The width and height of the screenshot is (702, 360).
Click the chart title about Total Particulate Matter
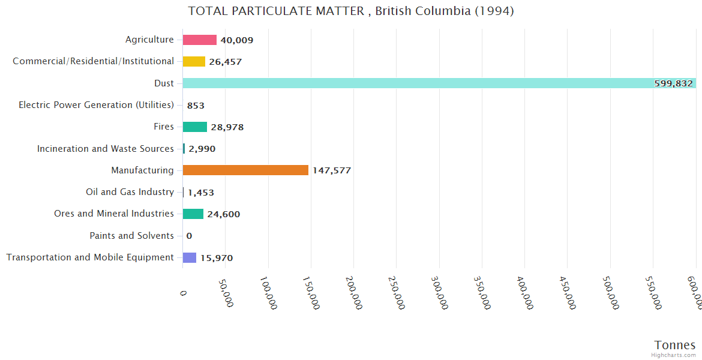click(x=350, y=11)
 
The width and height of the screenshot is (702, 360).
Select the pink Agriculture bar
click(x=199, y=40)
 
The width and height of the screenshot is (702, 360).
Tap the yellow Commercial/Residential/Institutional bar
click(x=194, y=61)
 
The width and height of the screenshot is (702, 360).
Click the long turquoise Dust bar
click(x=420, y=83)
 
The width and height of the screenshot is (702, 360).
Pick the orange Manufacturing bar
click(x=245, y=170)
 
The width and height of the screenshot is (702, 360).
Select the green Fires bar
click(x=194, y=127)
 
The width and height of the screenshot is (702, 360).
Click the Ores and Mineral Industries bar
click(x=193, y=214)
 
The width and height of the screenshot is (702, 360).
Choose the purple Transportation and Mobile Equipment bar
click(x=190, y=257)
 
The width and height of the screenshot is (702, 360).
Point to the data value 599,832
click(x=673, y=83)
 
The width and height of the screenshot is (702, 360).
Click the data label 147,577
click(x=331, y=170)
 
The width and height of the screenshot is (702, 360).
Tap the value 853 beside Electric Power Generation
click(x=196, y=106)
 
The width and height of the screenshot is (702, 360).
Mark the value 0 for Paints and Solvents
click(x=189, y=236)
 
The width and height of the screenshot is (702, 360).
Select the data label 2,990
click(x=202, y=149)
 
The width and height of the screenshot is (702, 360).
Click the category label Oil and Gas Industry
click(x=130, y=192)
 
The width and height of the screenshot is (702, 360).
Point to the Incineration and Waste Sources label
click(x=106, y=148)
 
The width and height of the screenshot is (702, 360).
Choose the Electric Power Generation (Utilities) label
click(x=96, y=105)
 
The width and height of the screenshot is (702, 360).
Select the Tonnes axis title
click(x=674, y=345)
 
